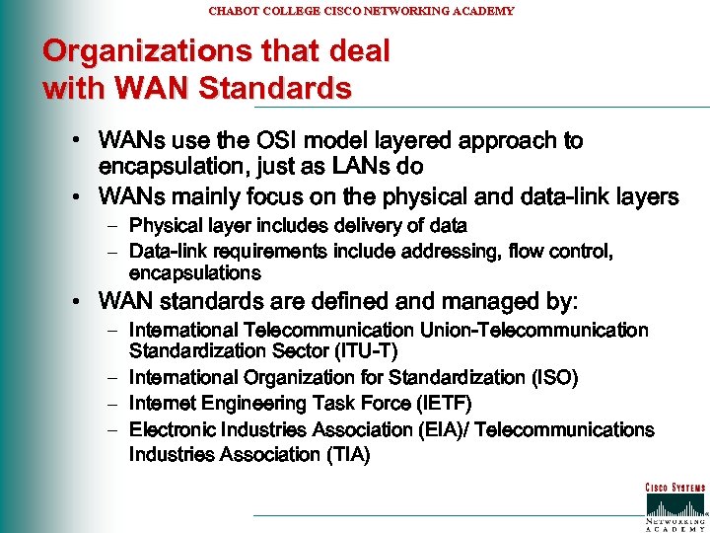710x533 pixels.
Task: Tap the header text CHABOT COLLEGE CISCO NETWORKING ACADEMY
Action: (x=361, y=11)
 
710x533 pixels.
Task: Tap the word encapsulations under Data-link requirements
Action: (x=195, y=272)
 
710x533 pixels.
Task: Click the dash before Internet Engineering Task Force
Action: (x=112, y=404)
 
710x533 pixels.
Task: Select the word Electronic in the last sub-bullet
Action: (x=173, y=429)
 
